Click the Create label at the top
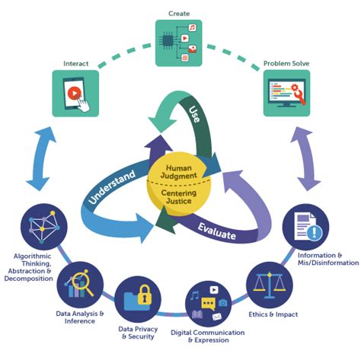pos(180,14)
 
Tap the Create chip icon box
pos(180,44)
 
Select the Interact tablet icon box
pos(75,93)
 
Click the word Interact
pos(75,64)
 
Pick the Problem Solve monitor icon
pos(287,93)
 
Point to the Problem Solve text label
pos(287,64)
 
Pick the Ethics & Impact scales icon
pos(269,284)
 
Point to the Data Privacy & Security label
pos(138,333)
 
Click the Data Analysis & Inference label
pos(79,317)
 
